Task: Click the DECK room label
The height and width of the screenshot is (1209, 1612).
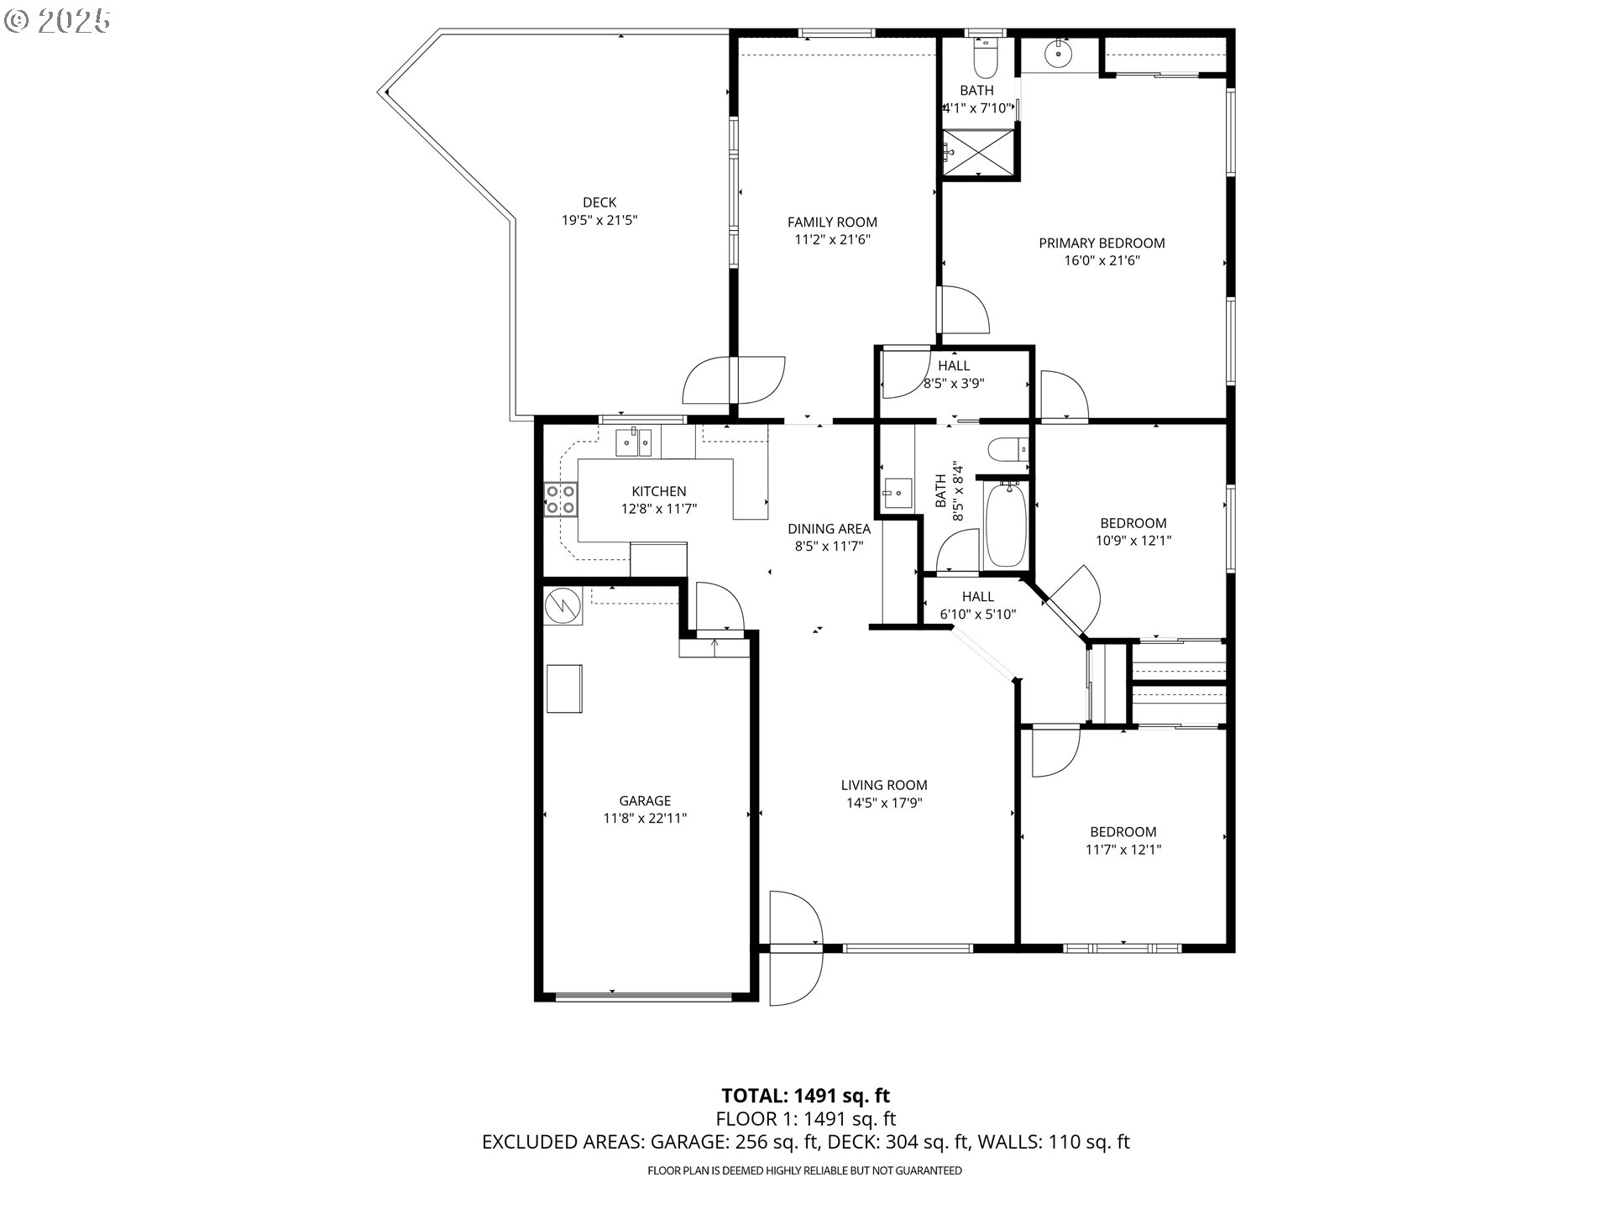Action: coord(599,202)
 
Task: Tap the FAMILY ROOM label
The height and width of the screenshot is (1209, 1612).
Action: coord(832,222)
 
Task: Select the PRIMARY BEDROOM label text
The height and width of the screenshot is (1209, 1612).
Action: coord(1102,243)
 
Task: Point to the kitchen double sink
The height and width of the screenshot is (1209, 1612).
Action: coord(635,442)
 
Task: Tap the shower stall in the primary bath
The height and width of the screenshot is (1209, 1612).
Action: coord(979,153)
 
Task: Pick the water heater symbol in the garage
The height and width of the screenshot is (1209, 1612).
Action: coord(562,606)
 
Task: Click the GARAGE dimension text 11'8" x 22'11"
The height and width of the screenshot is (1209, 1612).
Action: coord(645,819)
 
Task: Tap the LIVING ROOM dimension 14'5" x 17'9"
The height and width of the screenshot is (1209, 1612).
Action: coord(884,803)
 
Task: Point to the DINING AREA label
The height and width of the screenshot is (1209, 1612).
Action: coord(829,529)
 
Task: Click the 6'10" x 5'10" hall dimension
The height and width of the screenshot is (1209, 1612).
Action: coord(978,614)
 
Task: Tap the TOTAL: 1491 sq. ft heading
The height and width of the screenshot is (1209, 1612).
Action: coord(805,1096)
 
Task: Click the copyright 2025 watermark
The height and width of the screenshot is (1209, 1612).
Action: coord(57,21)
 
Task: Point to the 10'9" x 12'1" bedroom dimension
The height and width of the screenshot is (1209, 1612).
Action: coord(1133,541)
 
